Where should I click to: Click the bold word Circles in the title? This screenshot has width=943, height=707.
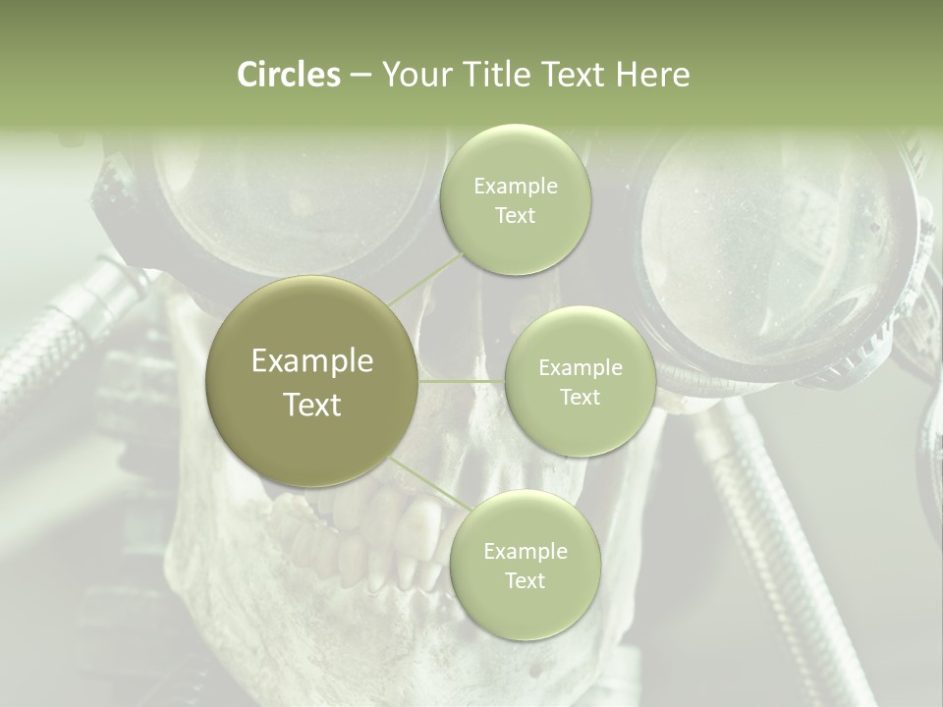pyautogui.click(x=288, y=75)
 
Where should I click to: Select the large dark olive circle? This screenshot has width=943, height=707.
pyautogui.click(x=312, y=382)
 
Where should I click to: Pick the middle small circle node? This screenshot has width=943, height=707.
pyautogui.click(x=580, y=382)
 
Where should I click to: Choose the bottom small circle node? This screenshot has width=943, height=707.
pyautogui.click(x=525, y=565)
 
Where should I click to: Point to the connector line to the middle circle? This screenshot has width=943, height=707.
pyautogui.click(x=461, y=381)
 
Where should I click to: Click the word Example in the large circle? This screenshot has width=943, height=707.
pyautogui.click(x=312, y=361)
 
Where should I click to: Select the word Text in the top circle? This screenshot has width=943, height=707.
pyautogui.click(x=515, y=216)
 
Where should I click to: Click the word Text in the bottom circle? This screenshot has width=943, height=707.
pyautogui.click(x=525, y=581)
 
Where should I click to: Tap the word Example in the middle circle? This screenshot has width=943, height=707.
pyautogui.click(x=580, y=368)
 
